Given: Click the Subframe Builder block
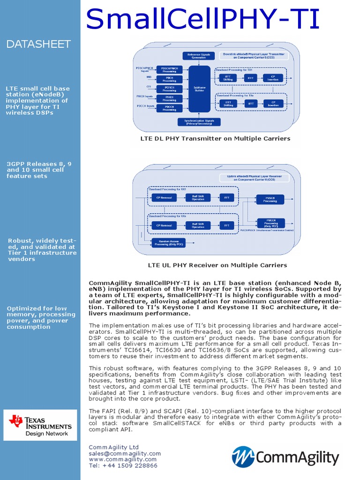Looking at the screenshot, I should (199, 89).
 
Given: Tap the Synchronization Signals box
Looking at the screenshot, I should (199, 122).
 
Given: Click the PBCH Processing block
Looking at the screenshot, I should (169, 79).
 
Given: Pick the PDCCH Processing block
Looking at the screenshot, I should (169, 108).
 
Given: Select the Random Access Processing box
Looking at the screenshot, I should (167, 242).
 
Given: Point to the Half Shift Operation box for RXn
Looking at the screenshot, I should (198, 225).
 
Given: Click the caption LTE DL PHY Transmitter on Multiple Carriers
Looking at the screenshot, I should (215, 139).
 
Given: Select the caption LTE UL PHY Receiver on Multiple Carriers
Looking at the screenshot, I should (217, 265).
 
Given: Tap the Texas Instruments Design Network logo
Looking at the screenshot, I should (40, 425).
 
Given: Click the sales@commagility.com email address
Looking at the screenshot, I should (125, 454).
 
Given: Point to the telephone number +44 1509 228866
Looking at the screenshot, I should (123, 466).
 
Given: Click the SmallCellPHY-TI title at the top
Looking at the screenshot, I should (203, 20).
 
